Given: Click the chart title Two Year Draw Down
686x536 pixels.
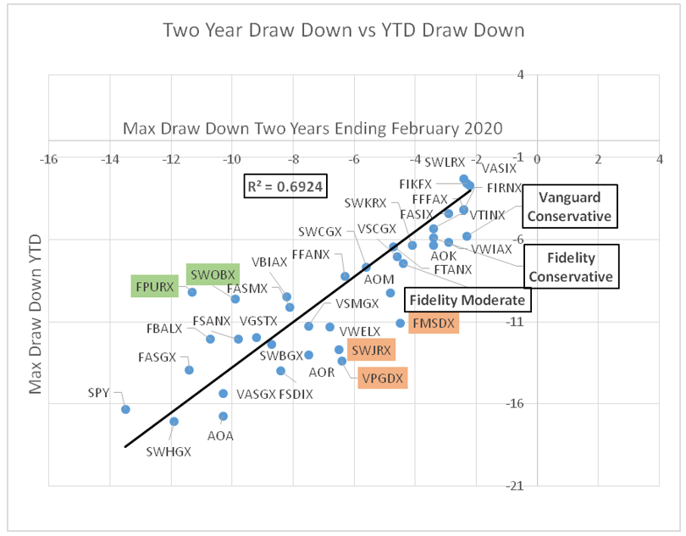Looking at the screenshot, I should point(343,30).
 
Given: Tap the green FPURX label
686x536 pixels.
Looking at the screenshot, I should point(153,286).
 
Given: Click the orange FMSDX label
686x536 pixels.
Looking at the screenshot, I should point(433,323).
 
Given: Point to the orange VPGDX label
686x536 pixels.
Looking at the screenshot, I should point(382,378).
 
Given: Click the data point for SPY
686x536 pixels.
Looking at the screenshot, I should point(125,409).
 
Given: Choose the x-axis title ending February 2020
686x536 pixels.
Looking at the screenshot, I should point(313,130).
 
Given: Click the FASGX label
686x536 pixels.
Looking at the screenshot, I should point(157,357).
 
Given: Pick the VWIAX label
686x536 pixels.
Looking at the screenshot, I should point(492,249).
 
